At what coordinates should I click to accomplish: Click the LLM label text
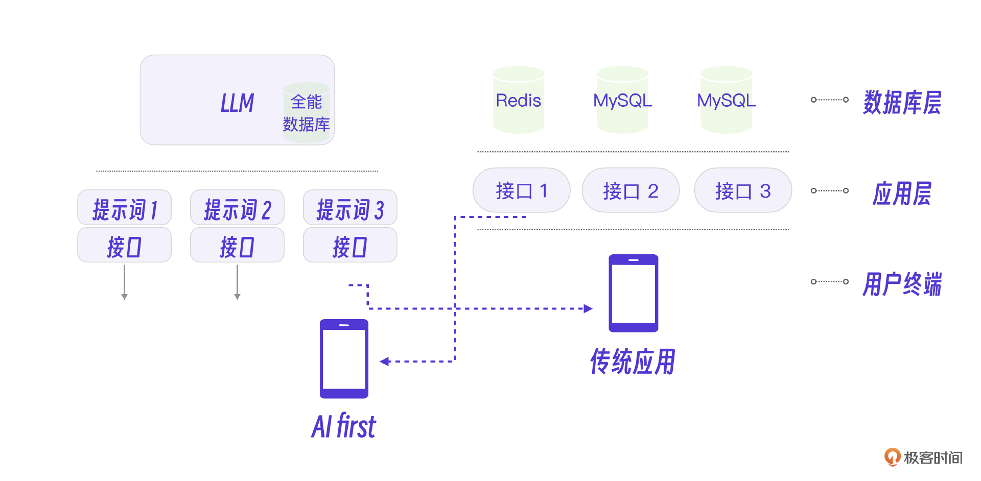click(237, 103)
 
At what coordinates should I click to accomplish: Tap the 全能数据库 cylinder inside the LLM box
click(306, 113)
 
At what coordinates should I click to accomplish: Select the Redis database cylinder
click(518, 100)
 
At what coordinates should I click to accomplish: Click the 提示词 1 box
click(125, 208)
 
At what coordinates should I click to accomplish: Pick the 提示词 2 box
click(237, 208)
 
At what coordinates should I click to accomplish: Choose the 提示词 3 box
click(350, 208)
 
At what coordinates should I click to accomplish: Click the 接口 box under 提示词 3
click(350, 246)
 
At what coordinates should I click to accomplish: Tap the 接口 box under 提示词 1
click(125, 246)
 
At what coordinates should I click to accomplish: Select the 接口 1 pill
click(521, 190)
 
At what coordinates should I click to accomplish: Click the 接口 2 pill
click(630, 190)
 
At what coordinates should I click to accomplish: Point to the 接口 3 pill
click(742, 190)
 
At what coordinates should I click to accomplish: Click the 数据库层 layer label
click(902, 102)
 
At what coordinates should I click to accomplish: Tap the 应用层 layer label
click(902, 194)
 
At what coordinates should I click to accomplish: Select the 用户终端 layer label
click(902, 284)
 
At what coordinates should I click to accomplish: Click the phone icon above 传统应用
click(633, 293)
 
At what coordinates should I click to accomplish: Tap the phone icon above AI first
click(344, 358)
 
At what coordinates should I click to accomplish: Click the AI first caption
click(344, 426)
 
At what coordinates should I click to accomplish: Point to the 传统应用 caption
click(633, 362)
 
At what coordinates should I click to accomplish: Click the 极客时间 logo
click(923, 457)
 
